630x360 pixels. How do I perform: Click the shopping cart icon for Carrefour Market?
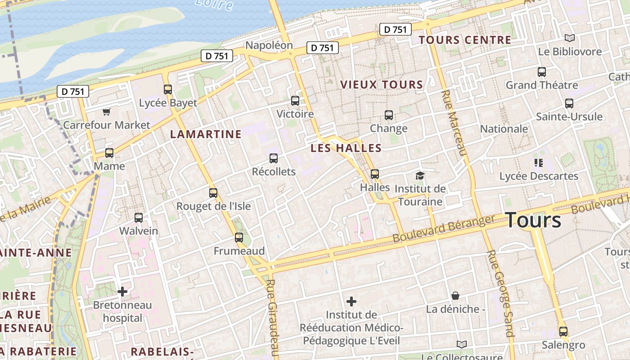[x=106, y=112]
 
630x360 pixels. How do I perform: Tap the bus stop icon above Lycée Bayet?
[x=168, y=89]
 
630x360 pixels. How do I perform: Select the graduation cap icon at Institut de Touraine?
[x=420, y=175]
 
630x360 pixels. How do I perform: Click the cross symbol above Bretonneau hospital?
[x=122, y=292]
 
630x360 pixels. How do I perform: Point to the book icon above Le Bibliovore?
[x=570, y=38]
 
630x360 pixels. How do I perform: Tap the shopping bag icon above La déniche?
[x=455, y=296]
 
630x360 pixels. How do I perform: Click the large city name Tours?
[x=534, y=220]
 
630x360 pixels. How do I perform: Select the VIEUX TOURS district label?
[x=382, y=85]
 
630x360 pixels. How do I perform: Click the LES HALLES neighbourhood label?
[x=346, y=148]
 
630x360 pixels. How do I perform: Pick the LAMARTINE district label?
[x=206, y=134]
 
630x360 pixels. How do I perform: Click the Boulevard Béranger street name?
[x=443, y=229]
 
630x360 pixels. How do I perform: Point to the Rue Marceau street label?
[x=454, y=122]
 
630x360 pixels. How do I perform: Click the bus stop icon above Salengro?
[x=563, y=332]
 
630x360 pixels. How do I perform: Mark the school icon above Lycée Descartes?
[x=539, y=163]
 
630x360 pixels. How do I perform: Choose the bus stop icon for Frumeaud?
[x=239, y=237]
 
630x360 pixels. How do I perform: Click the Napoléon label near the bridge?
[x=269, y=45]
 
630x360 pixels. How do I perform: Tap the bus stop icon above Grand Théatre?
[x=542, y=72]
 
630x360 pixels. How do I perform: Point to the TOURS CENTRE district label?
[x=465, y=40]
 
